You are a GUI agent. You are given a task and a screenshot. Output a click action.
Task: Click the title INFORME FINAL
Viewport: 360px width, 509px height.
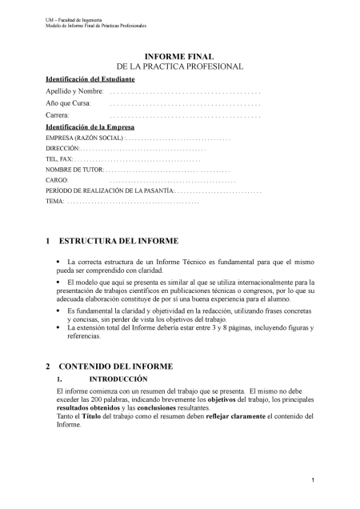[180, 57]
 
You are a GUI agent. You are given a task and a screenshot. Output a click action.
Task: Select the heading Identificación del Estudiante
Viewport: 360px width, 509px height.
[90, 80]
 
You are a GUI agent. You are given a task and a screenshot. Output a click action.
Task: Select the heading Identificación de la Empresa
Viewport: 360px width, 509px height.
[90, 127]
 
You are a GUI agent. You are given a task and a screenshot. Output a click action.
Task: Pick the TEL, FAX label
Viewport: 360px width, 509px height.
[59, 159]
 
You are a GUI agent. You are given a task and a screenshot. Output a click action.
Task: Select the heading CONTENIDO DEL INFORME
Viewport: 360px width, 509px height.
[117, 366]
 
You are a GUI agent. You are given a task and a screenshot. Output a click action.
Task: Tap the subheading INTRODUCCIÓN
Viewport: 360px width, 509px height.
[118, 377]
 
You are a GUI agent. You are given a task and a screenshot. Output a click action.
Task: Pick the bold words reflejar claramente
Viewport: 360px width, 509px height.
[243, 416]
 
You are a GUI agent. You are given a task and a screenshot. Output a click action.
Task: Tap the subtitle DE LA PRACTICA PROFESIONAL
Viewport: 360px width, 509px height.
[180, 68]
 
